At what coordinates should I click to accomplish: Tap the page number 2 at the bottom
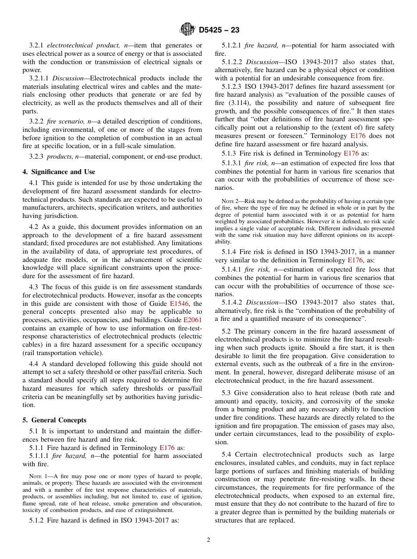pos(208,540)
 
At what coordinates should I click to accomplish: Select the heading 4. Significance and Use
pos(59,172)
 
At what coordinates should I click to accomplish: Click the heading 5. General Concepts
pos(54,420)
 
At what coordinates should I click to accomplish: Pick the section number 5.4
pos(226,454)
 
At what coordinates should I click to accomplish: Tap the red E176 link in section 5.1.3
pos(351,153)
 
